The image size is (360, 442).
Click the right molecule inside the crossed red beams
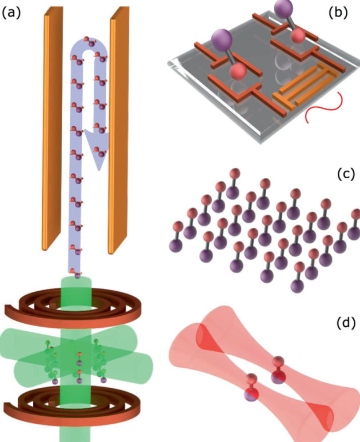278,368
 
